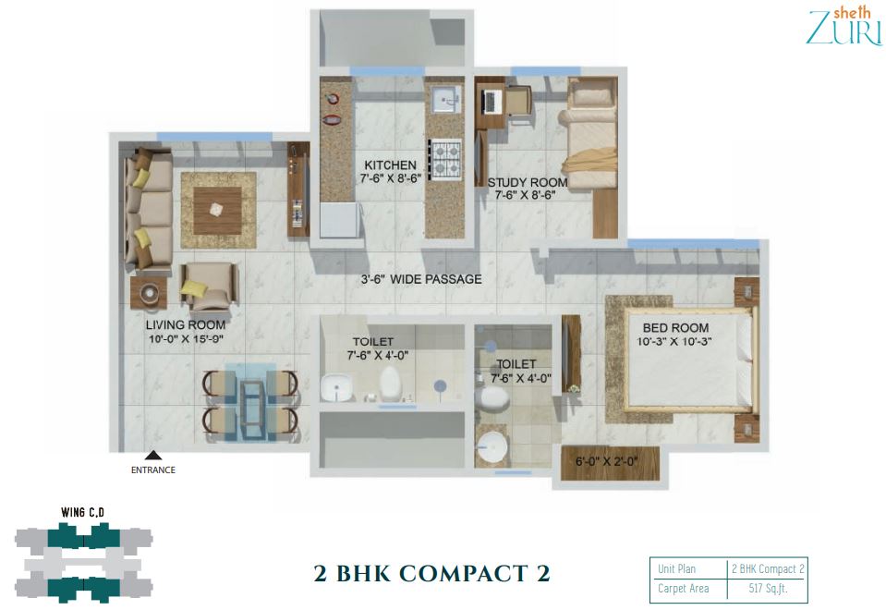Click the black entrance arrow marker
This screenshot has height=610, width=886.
[x=153, y=456]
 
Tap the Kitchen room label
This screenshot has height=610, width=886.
[x=390, y=165]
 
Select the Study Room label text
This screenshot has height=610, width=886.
[x=528, y=183]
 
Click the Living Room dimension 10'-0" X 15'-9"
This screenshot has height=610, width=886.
[x=186, y=339]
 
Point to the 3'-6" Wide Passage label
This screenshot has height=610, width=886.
[x=421, y=279]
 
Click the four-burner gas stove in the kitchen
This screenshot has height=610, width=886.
[x=444, y=159]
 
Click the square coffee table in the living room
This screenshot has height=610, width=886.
[x=217, y=211]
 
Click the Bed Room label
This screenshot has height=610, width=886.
[x=675, y=327]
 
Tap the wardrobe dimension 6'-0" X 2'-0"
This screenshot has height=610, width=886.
[x=606, y=461]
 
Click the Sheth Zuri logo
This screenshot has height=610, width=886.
[x=844, y=26]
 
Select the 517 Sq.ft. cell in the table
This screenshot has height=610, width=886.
[x=768, y=589]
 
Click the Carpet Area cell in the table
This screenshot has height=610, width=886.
[x=683, y=589]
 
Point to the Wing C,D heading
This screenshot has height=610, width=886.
[x=82, y=513]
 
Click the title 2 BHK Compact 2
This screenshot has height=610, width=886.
[x=432, y=573]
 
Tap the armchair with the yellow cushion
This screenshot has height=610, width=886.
[x=208, y=287]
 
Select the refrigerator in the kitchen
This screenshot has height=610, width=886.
[x=340, y=220]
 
